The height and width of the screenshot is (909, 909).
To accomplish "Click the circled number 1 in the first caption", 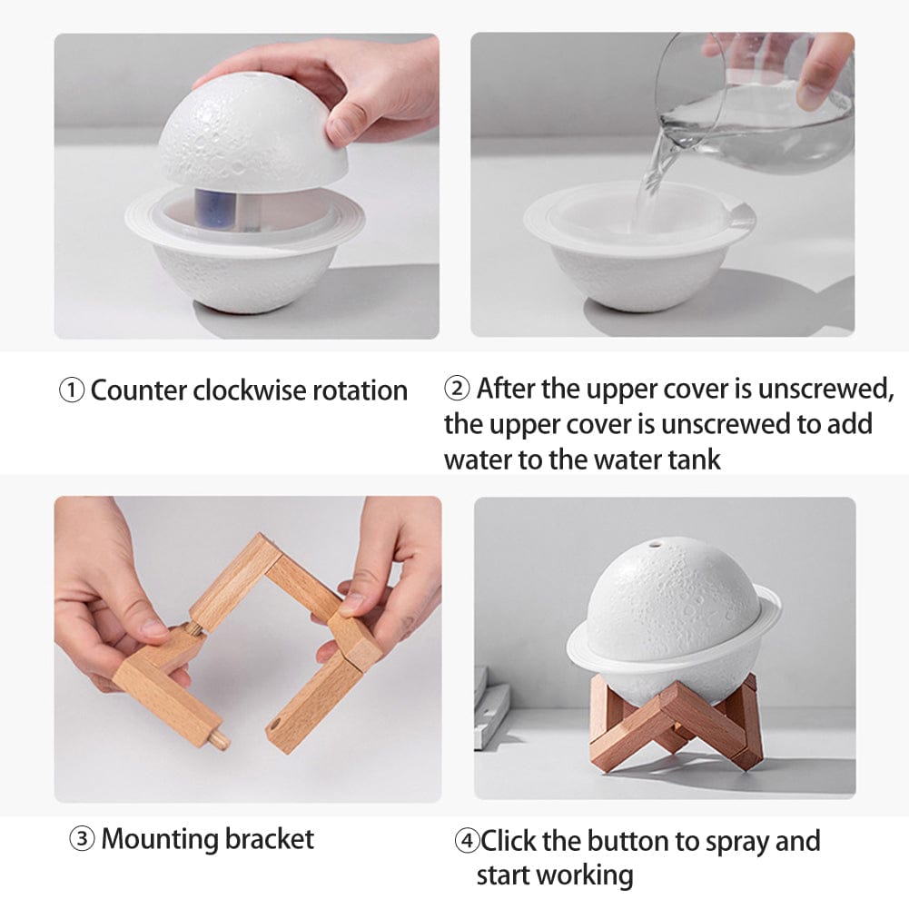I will [x=73, y=391].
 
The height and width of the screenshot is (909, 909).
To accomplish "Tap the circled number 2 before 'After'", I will [x=458, y=390].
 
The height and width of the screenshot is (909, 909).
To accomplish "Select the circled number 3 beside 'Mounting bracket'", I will [x=82, y=839].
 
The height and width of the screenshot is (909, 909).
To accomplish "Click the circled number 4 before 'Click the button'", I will [x=467, y=842].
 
